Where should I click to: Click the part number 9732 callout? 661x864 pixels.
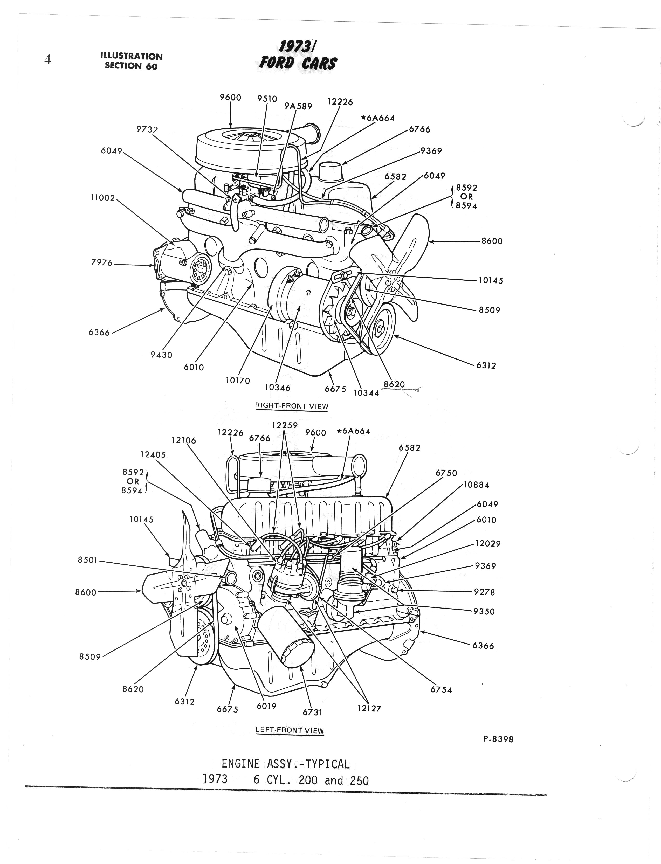tap(147, 129)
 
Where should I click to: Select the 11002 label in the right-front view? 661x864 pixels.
tap(103, 198)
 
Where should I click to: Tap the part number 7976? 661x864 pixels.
tap(102, 262)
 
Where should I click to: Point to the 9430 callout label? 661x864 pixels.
tap(161, 355)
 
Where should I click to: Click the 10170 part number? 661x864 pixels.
tap(238, 381)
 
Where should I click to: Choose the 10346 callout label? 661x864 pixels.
tap(277, 388)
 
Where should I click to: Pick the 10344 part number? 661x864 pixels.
tap(366, 393)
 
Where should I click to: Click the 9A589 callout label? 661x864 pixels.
tap(298, 106)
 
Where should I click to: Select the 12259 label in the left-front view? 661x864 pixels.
tap(285, 425)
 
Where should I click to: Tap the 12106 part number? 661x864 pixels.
tap(183, 440)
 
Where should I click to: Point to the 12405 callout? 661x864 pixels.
tap(153, 454)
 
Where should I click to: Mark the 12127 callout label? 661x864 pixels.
tap(369, 708)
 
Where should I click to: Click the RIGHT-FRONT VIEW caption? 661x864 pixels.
tap(292, 406)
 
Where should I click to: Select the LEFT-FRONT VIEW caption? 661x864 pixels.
tap(290, 730)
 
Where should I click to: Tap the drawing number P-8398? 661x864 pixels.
tap(498, 739)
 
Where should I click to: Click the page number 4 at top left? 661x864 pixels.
tap(48, 60)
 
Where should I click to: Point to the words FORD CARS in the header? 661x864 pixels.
tap(298, 63)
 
